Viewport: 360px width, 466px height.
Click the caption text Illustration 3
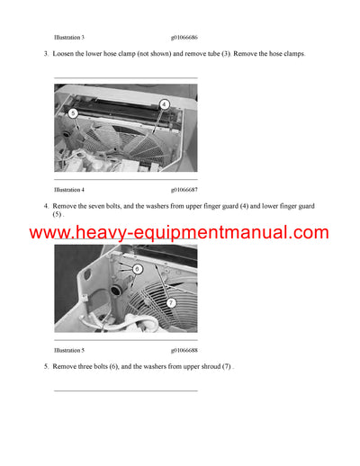pyautogui.click(x=69, y=38)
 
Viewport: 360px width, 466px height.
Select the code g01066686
pyautogui.click(x=184, y=38)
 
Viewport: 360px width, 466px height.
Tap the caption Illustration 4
pyautogui.click(x=69, y=190)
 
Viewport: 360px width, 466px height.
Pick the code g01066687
pyautogui.click(x=184, y=190)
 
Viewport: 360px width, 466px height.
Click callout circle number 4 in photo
pyautogui.click(x=164, y=104)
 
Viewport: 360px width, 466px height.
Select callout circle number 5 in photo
pyautogui.click(x=73, y=113)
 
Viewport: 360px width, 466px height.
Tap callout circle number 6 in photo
pyautogui.click(x=137, y=269)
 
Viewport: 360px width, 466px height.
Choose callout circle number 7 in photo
pyautogui.click(x=171, y=303)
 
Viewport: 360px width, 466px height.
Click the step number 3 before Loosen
pyautogui.click(x=45, y=54)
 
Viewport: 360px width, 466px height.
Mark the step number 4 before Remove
pyautogui.click(x=45, y=206)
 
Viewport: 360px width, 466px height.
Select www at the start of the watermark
pyautogui.click(x=49, y=234)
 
